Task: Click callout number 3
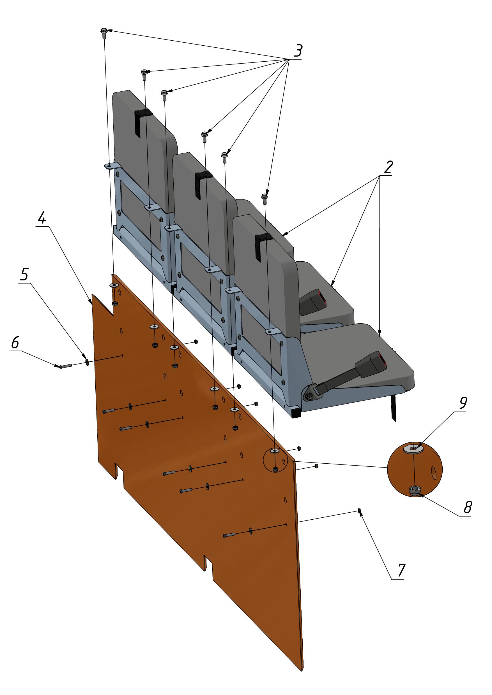[x=298, y=50]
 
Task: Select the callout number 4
[x=42, y=218]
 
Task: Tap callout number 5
[x=24, y=274]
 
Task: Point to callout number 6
[x=15, y=342]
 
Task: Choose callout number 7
[x=401, y=570]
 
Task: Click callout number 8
[x=468, y=507]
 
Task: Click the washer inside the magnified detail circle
[x=414, y=448]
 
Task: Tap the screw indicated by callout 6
[x=65, y=366]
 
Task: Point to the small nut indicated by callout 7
[x=359, y=511]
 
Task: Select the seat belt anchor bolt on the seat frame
[x=309, y=397]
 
